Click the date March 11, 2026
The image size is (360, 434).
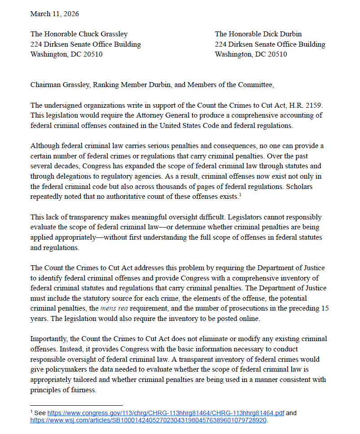[x=54, y=14]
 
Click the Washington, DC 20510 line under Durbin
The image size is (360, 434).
[x=250, y=55]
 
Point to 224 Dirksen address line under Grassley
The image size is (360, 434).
[x=85, y=44]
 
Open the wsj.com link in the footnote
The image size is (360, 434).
[x=148, y=421]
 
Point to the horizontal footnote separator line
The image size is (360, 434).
[x=76, y=406]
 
